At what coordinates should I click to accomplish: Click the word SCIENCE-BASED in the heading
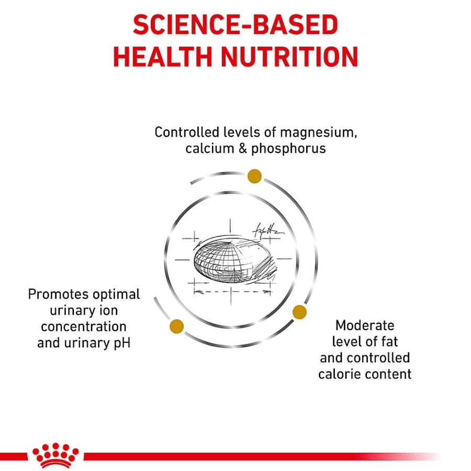235,25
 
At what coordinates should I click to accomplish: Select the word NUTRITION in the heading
289,57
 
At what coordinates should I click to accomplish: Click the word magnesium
318,133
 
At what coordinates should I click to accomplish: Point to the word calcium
210,149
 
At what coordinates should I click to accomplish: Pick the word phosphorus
289,149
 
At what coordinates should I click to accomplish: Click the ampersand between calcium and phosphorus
243,149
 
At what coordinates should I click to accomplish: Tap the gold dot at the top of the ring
254,176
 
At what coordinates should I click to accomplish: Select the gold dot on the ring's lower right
299,312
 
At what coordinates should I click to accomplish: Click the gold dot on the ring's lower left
177,327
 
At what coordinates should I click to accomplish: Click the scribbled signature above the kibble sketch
268,231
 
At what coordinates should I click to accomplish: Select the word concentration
84,327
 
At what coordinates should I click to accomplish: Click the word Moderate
365,326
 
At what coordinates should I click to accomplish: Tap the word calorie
339,374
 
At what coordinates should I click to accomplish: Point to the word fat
389,342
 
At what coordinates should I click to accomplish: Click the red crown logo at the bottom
55,456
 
